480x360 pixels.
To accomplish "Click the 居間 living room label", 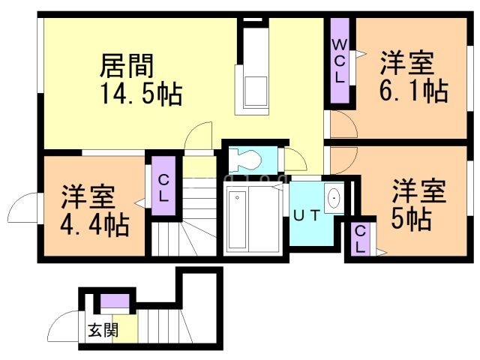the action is click(127, 66).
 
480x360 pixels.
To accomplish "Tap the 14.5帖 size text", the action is click(142, 94).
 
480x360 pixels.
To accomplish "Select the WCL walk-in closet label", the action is click(340, 61).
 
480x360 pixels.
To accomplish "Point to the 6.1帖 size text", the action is click(414, 90).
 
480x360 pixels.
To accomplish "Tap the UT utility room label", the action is click(307, 216).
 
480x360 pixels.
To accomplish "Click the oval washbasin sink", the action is click(334, 197).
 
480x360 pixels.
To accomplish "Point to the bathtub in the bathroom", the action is click(237, 220).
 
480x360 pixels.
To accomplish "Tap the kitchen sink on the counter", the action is click(256, 91).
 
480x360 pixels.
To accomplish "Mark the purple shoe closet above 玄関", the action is click(115, 301).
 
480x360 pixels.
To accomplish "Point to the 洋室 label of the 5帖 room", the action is click(418, 191).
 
